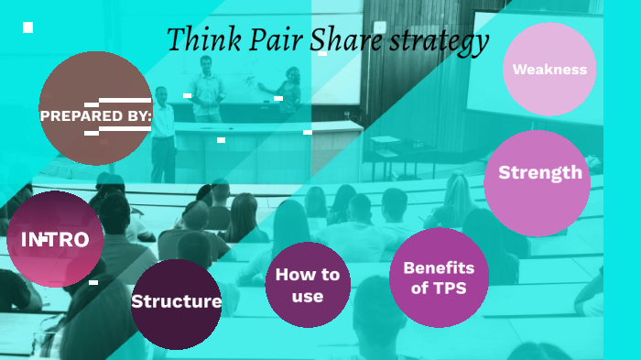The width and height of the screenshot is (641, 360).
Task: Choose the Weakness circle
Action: [x=549, y=70]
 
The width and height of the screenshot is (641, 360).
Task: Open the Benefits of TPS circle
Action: [x=439, y=278]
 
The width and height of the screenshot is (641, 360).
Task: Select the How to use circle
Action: [x=308, y=285]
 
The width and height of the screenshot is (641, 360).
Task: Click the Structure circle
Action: [x=176, y=303]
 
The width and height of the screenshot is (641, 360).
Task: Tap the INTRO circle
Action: [x=55, y=240]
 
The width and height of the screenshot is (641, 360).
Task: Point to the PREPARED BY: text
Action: [x=95, y=115]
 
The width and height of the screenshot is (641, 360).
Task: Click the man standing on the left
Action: [x=162, y=133]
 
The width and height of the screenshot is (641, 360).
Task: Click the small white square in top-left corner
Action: [x=27, y=27]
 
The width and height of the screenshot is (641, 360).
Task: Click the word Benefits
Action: [x=439, y=267]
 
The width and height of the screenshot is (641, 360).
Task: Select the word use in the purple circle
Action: [x=308, y=296]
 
